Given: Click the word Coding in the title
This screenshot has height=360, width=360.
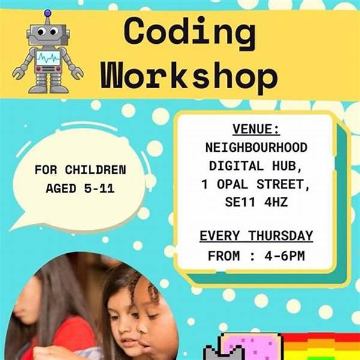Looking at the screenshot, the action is tap(190, 32).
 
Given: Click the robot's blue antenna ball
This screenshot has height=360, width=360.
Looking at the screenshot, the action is tap(47, 13).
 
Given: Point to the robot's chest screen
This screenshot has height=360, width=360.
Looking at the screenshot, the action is tap(48, 58).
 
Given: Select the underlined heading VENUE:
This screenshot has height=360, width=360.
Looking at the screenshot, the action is tap(256, 129).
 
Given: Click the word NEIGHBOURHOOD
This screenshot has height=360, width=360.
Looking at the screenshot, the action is tap(256, 148).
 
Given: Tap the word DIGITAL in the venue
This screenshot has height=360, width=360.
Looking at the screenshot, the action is tap(236, 166).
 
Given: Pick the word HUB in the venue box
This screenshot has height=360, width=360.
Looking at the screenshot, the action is tap(287, 166).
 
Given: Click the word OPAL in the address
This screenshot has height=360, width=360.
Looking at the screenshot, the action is tap(232, 184).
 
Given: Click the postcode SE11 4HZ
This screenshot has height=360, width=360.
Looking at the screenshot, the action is tap(256, 202).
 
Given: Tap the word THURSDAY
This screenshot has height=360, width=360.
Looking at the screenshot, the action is tap(281, 236).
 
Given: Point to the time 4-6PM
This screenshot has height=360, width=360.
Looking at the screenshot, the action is tap(284, 256).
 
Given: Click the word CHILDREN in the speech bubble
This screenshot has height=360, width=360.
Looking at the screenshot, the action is tap(95, 170).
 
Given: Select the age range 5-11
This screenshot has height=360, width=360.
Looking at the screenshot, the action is tap(99, 188).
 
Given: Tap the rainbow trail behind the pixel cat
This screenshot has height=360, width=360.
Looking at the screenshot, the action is tap(322, 347).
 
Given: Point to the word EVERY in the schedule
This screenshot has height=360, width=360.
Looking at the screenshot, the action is tap(219, 236).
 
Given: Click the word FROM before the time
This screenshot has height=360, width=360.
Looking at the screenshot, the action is tap(224, 256).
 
